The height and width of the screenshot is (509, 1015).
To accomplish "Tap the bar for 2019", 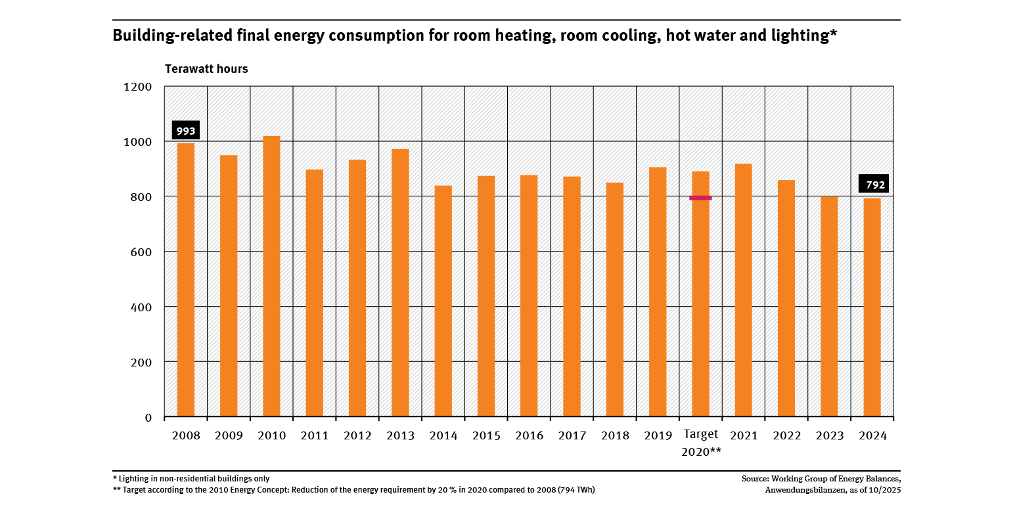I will coord(657,292).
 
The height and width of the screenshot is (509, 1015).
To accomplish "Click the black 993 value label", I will coord(185,131).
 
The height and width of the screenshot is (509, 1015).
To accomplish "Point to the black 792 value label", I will coord(873,184).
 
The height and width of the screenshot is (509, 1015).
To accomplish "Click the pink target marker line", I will coord(700,198).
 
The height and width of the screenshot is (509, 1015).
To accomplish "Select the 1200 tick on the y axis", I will coord(138,87).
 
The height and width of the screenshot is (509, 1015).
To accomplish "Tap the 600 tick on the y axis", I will coord(141,252).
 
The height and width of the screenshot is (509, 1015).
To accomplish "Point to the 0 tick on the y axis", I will coord(148,417).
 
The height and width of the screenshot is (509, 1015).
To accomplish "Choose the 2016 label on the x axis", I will coord(528,435).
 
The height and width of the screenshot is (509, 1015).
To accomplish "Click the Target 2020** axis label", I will coord(700,443).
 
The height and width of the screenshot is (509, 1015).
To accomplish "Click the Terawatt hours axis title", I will coord(206,69).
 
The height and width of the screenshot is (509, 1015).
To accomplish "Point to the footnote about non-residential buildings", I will coord(191,479).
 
